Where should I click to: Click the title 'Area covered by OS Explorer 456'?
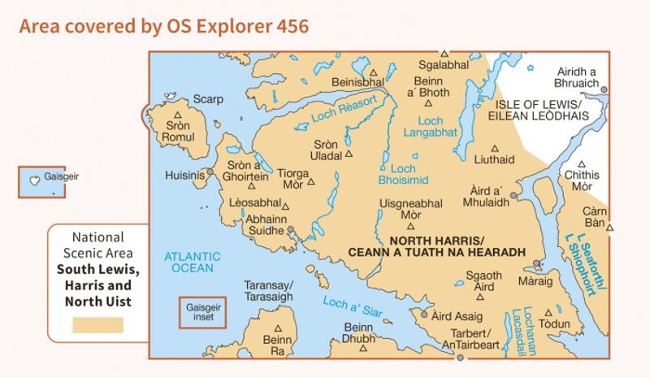163,26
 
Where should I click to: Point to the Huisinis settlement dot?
210,172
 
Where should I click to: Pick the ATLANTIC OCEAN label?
188,262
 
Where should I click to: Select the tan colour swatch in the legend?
97,325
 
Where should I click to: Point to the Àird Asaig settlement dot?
423,312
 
